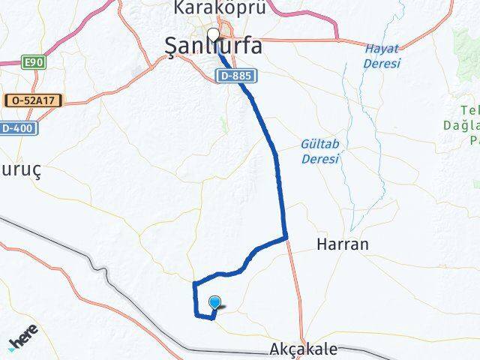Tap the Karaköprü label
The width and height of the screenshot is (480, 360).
(209, 8)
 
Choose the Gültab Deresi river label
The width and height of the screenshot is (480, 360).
(320, 150)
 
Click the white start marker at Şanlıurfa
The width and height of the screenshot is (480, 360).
(214, 34)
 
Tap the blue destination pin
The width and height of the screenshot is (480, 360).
(216, 302)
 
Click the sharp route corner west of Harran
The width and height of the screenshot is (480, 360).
(286, 238)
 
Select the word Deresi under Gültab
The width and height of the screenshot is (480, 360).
(320, 158)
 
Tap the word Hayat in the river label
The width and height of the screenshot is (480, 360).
(379, 49)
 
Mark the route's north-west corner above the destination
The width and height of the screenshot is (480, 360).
(195, 283)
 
